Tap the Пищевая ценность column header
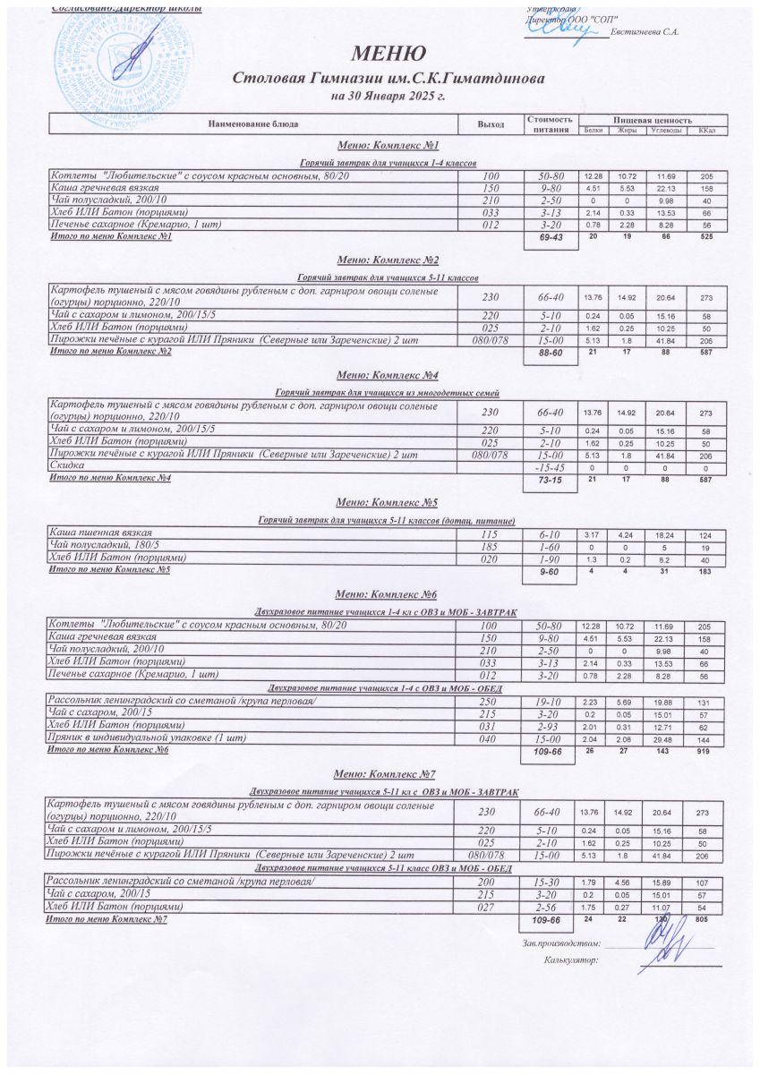coord(653,119)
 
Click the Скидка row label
coord(67,467)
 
